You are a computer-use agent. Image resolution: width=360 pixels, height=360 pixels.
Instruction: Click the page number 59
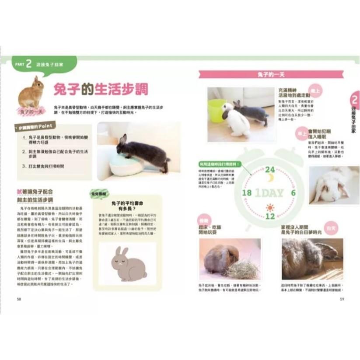point(342,299)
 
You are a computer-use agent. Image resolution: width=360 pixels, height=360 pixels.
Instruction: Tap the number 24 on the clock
point(270,169)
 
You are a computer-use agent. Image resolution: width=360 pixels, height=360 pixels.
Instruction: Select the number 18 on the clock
point(246,193)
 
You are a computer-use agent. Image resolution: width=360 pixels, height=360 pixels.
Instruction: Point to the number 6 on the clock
point(293,193)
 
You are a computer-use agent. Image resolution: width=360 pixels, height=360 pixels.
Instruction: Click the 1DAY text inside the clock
point(269,193)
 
